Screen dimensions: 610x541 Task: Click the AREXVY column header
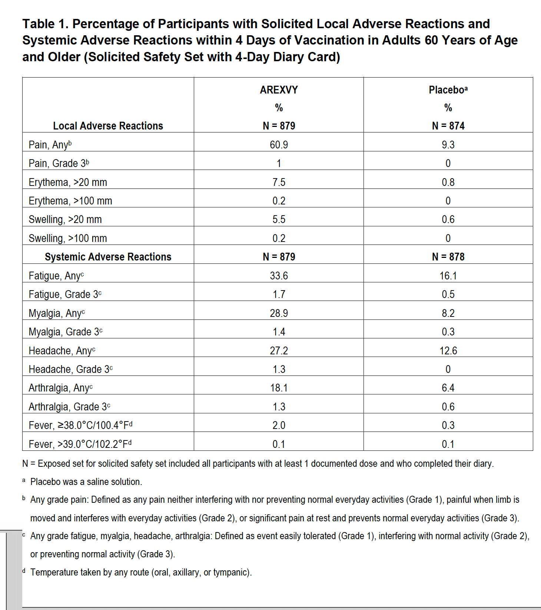[279, 90]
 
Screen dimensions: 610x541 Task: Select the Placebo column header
[448, 90]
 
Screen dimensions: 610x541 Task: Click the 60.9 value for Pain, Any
[279, 145]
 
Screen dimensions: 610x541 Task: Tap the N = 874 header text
[448, 126]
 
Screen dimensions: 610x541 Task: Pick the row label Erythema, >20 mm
[68, 182]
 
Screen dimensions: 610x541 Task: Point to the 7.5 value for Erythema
[279, 182]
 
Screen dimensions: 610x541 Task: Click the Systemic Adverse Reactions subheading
[108, 257]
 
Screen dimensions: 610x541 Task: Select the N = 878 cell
[448, 257]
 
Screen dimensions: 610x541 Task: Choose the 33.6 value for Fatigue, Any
[279, 276]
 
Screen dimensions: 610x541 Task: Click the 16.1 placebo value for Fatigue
[448, 276]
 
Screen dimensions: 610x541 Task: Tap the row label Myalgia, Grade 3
[65, 332]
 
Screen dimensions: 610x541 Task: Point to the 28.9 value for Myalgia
[279, 313]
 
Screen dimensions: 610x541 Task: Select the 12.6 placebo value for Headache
[448, 351]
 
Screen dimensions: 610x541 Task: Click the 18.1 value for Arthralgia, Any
[279, 388]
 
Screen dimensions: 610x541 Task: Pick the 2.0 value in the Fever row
[279, 425]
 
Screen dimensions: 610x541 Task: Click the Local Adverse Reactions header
[108, 126]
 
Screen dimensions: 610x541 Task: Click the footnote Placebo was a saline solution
[86, 482]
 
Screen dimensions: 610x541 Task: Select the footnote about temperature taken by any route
[141, 572]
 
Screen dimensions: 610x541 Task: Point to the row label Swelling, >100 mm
[68, 238]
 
